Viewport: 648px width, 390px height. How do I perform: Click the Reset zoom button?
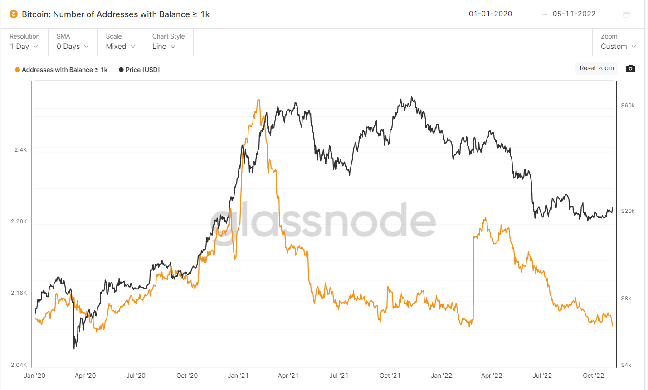tap(596, 68)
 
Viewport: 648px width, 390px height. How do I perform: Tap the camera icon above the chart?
tap(630, 68)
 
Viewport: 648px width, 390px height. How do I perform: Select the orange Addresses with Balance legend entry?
tap(62, 70)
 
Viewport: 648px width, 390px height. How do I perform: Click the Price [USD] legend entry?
tap(139, 70)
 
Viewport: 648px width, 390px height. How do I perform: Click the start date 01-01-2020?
tap(490, 14)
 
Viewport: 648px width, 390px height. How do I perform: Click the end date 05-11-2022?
tap(574, 14)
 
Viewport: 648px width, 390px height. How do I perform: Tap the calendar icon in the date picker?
tap(626, 14)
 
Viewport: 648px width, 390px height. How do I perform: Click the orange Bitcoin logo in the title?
tap(14, 14)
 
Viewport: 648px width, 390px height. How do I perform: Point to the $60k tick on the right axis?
tap(628, 106)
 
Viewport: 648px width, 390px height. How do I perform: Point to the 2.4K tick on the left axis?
tap(21, 150)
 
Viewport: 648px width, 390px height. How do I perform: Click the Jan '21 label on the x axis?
tap(238, 376)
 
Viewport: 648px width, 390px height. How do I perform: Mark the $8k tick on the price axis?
tap(626, 299)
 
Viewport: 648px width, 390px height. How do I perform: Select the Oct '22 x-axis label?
tap(593, 376)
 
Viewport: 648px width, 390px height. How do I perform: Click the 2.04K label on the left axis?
tap(19, 365)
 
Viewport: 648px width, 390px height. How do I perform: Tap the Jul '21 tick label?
tap(339, 376)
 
